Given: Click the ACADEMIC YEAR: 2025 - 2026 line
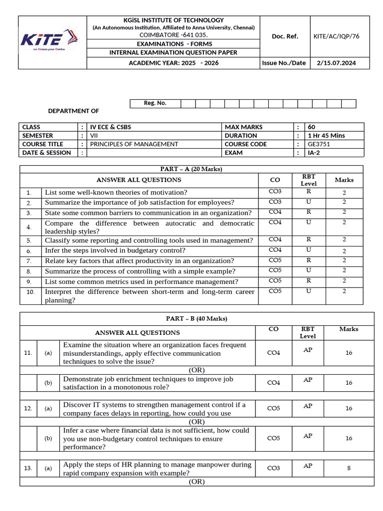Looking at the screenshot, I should coord(173,63).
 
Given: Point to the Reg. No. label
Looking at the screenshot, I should coord(155,103).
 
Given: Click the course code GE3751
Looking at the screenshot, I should coord(319,144).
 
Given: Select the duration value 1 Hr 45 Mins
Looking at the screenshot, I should coord(327,136).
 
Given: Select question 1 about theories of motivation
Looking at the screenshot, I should coord(116,192).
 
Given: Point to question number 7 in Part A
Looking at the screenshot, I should coord(29,261).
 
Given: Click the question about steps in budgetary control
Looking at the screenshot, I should coord(115,251).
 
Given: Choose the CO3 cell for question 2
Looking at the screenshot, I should coord(275,202).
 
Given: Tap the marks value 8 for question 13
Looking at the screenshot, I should coord(349,468).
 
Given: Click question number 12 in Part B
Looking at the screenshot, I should coord(28,408).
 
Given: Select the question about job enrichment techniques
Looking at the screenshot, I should coord(148,383).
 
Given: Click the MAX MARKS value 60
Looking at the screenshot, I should coord(312,127).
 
